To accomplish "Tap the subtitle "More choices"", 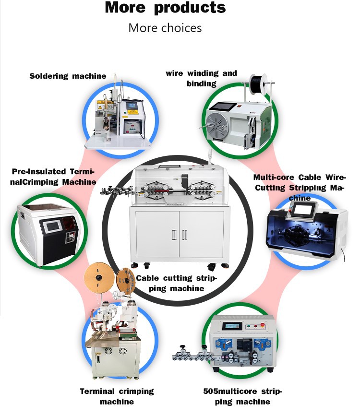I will coord(165,28).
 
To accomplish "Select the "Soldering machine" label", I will coord(68,76).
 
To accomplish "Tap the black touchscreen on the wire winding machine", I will coord(222,111).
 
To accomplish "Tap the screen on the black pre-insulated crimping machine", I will coord(51,227).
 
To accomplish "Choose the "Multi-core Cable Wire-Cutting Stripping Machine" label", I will coord(300,187).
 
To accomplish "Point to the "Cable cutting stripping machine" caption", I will coord(177,283).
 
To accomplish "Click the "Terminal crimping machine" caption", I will coord(117,396).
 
